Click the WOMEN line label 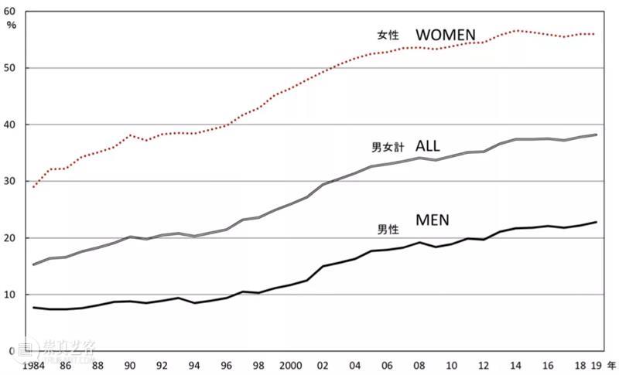(446, 35)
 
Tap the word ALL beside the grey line (428, 146)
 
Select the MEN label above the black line (433, 221)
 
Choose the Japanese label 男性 (388, 228)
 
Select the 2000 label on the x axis (291, 365)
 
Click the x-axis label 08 (419, 365)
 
